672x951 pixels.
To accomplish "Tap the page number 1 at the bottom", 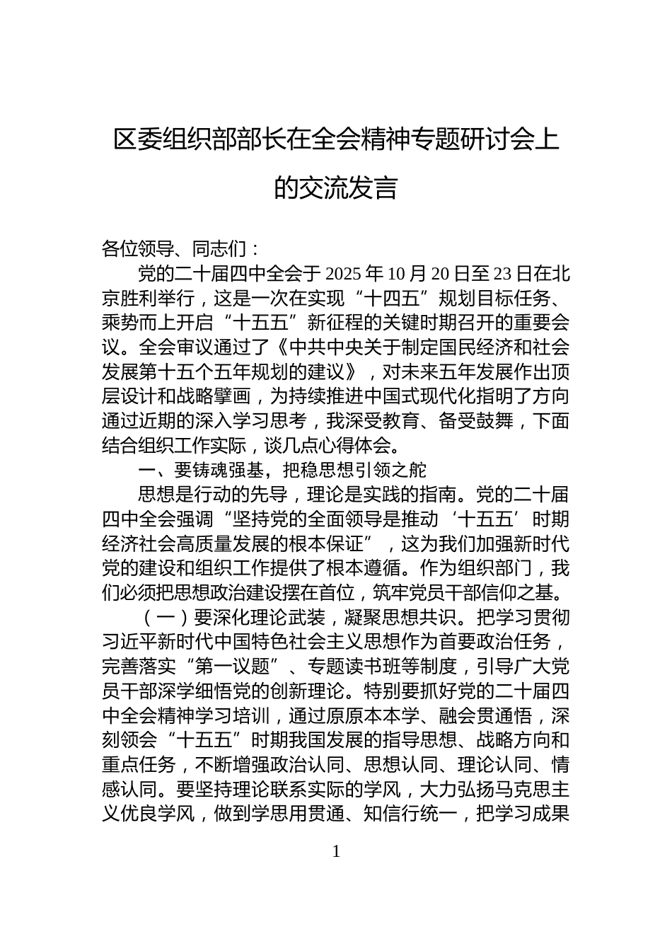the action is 336,852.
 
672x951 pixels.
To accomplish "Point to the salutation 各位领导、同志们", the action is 173,248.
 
